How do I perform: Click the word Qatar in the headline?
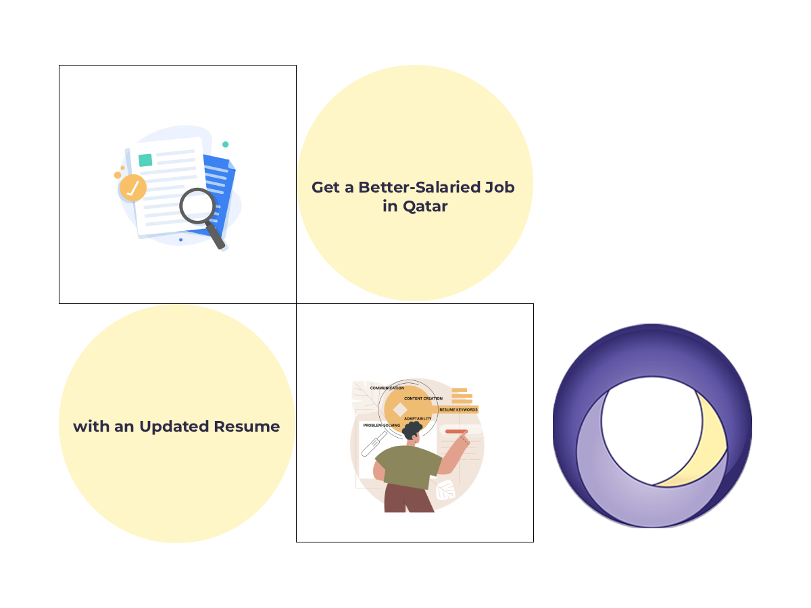[425, 207]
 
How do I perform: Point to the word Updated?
[174, 426]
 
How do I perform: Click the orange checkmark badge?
[132, 188]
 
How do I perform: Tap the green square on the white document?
[145, 160]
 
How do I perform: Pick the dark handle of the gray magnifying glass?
[216, 236]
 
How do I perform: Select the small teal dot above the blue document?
[225, 145]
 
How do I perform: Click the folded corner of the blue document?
[230, 163]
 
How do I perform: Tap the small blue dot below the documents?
[180, 240]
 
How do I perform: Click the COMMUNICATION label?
[387, 388]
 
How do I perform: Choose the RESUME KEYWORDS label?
[458, 409]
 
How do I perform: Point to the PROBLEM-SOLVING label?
[382, 426]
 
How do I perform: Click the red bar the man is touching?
[456, 431]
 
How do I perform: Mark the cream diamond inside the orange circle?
[400, 409]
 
